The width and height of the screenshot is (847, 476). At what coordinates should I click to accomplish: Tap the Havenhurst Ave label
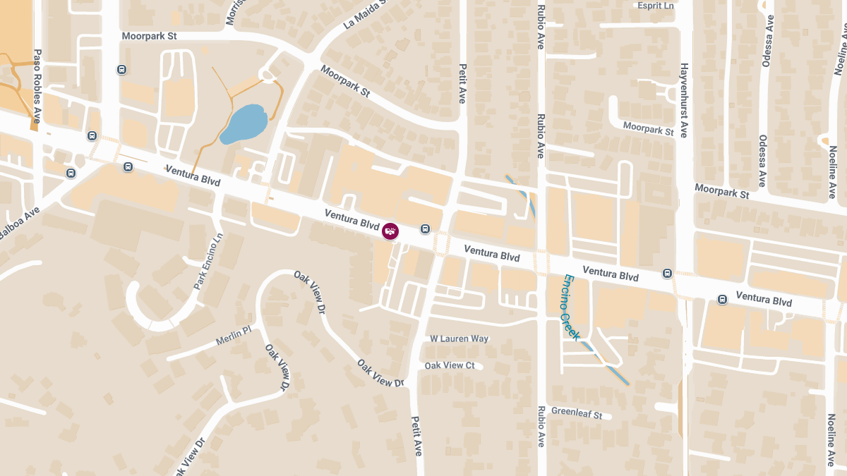(683, 99)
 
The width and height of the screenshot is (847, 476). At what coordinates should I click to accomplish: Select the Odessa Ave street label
(763, 161)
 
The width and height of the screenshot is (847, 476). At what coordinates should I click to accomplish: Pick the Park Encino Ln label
(208, 261)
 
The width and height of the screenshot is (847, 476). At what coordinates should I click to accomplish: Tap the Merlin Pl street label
(234, 335)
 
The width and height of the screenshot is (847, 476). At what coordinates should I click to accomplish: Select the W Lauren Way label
(459, 338)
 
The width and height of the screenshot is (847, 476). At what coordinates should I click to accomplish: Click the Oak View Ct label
(450, 365)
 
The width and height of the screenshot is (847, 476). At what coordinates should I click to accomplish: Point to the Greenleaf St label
(577, 414)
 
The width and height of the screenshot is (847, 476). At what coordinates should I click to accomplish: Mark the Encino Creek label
(570, 308)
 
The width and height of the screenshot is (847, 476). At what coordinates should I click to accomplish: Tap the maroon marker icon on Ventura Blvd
(390, 231)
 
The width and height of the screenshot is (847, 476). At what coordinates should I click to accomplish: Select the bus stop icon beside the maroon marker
(425, 228)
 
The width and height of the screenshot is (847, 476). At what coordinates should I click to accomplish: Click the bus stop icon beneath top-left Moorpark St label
(122, 70)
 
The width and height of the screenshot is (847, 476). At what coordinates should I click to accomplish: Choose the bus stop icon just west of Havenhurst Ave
(667, 273)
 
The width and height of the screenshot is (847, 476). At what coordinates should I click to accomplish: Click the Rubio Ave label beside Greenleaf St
(541, 426)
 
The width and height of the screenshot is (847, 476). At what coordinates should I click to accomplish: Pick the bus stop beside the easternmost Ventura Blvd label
(722, 299)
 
